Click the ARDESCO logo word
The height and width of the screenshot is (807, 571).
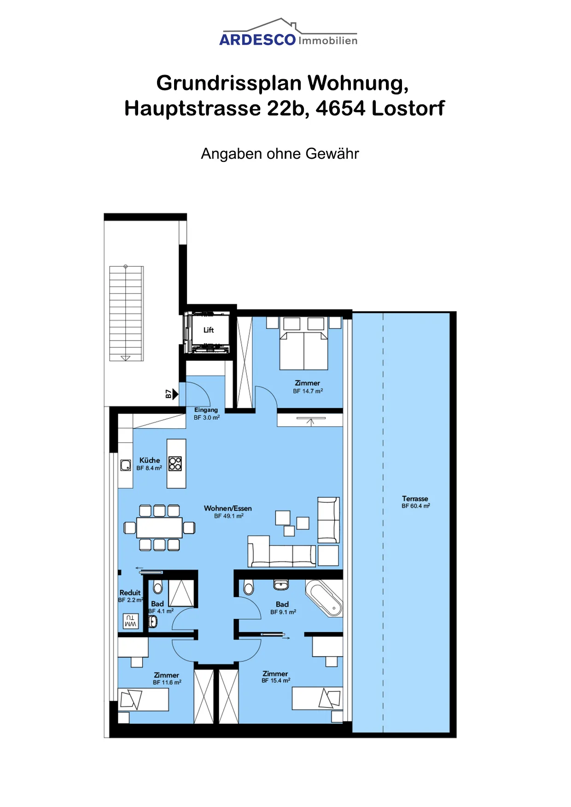click(257, 40)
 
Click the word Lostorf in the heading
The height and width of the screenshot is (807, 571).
click(408, 109)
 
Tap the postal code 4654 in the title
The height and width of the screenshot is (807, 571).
click(341, 109)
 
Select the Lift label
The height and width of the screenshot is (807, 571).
click(209, 330)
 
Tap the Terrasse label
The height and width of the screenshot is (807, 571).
click(415, 499)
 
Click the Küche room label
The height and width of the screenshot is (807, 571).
click(150, 460)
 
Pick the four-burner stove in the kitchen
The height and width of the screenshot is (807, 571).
click(175, 463)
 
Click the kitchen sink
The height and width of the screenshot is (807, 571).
click(126, 465)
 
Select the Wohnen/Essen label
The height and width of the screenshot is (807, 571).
click(228, 508)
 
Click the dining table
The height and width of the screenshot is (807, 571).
click(159, 528)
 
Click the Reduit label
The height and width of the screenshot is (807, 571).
click(130, 593)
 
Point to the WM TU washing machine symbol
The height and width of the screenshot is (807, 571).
click(131, 621)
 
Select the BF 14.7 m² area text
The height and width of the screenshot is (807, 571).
click(308, 391)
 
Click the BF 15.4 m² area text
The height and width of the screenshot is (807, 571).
click(276, 680)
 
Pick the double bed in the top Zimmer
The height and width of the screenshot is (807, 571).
click(304, 344)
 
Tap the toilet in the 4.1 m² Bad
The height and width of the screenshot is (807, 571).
click(158, 587)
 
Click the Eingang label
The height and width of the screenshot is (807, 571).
click(206, 410)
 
